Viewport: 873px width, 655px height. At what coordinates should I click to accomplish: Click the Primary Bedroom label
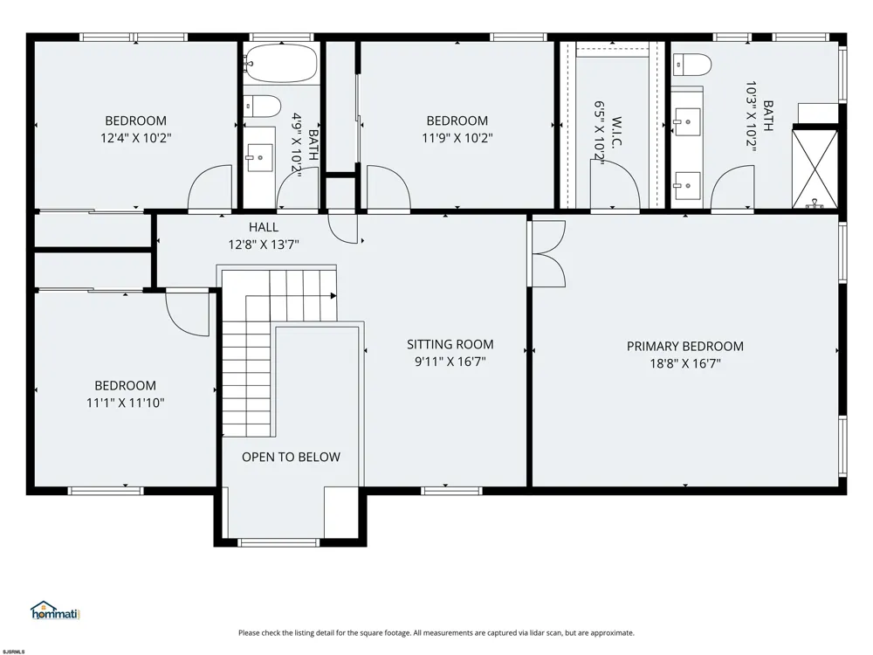point(684,347)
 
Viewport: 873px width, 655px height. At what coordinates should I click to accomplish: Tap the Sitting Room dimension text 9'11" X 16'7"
point(450,362)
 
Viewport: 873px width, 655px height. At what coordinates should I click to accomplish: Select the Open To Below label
point(291,458)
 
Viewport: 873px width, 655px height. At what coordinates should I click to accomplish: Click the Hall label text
point(264,227)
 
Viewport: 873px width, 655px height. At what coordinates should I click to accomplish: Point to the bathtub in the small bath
point(281,64)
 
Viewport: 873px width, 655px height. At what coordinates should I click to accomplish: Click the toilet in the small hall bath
point(262,107)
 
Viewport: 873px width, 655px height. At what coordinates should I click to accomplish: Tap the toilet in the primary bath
point(692,65)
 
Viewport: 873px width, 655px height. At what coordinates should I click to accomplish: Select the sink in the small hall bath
point(259,157)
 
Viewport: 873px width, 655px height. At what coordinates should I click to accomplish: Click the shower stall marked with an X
point(815,169)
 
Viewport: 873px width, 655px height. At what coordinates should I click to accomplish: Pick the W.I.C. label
point(616,132)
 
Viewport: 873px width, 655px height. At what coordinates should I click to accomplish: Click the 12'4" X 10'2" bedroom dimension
point(136,138)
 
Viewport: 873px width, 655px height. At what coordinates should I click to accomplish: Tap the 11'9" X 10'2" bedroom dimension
point(457,138)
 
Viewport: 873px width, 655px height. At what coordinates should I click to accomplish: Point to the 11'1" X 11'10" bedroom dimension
point(125,403)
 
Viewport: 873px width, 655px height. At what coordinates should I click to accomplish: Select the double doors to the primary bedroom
point(548,253)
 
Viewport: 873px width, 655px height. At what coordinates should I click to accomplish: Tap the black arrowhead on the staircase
point(333,296)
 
